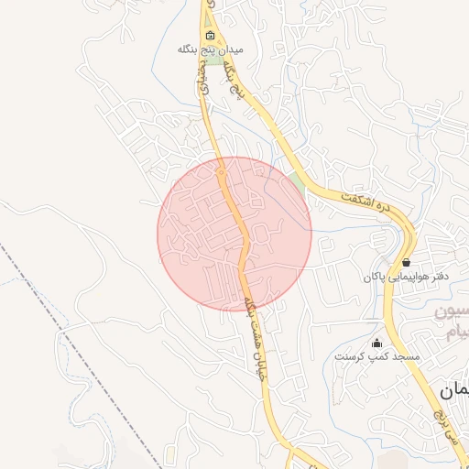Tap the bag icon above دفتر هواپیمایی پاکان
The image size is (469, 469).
406,262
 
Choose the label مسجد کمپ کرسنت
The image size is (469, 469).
376,355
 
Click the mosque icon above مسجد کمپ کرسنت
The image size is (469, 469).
376,342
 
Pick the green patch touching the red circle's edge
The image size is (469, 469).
296,182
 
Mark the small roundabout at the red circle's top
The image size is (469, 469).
221,171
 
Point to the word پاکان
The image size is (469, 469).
376,276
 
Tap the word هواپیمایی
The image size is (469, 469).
407,276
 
